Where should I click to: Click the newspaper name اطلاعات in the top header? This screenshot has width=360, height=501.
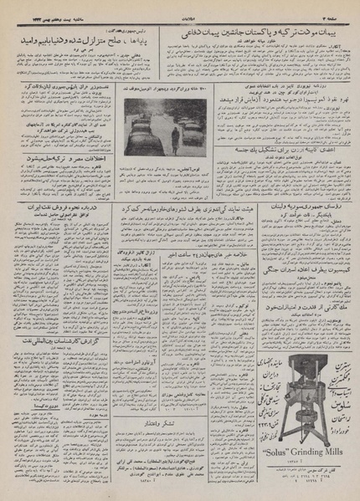pos(181,6)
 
